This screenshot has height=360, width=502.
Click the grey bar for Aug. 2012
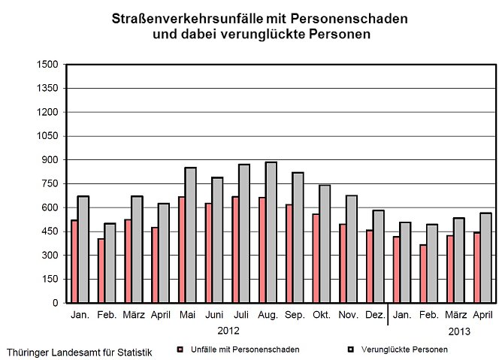click(x=271, y=233)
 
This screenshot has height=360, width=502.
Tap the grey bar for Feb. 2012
click(x=110, y=263)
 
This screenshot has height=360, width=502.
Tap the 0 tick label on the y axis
click(x=53, y=303)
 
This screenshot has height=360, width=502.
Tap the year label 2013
click(x=460, y=331)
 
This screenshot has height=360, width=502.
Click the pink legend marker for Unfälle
click(x=180, y=349)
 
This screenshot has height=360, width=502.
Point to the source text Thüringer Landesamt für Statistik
click(x=78, y=352)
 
